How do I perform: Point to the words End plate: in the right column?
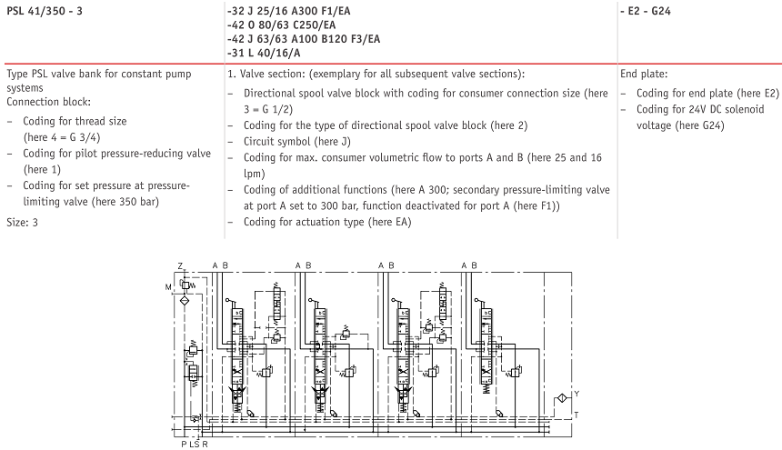click(x=644, y=74)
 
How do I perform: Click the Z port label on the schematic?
click(x=180, y=265)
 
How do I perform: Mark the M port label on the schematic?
click(x=168, y=286)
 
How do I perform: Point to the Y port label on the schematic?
click(x=576, y=394)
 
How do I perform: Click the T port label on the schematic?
click(x=576, y=415)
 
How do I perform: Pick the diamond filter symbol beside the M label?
click(x=184, y=299)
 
